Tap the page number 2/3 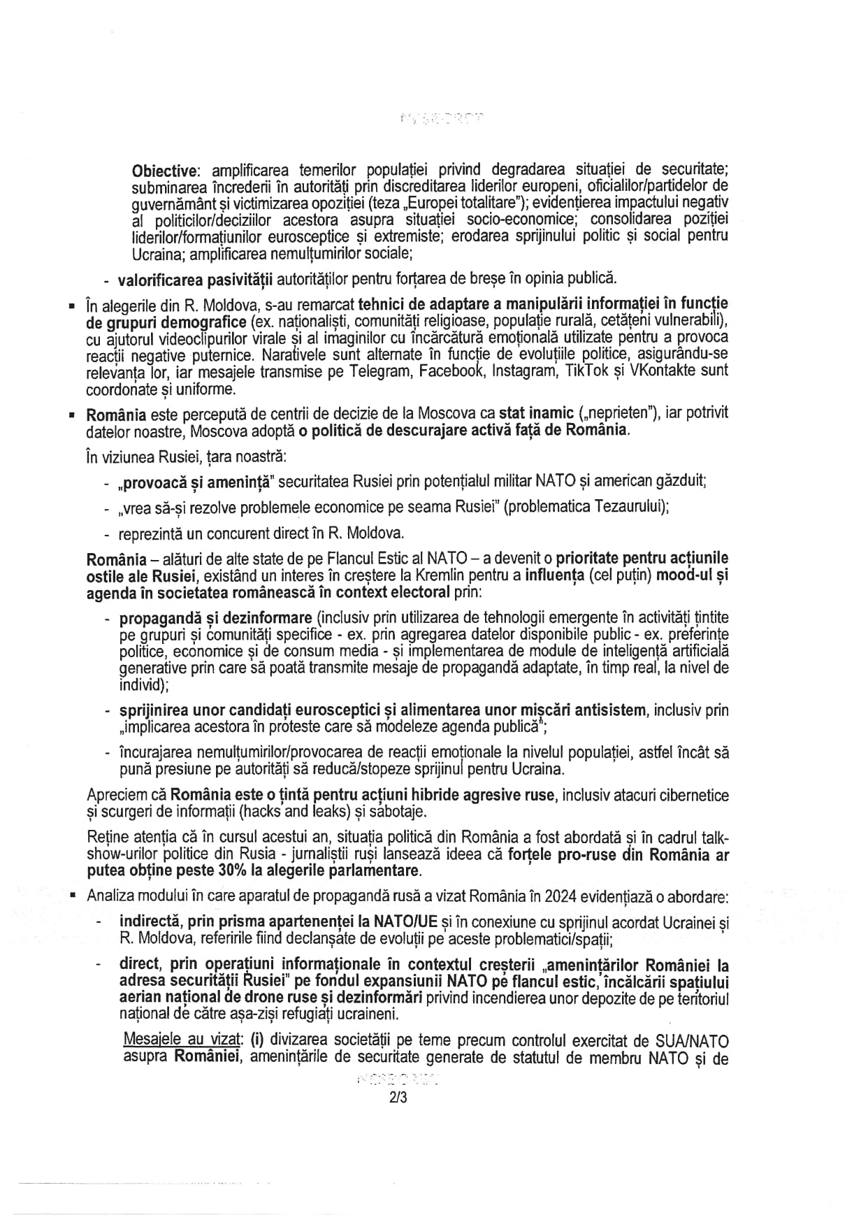point(398,1098)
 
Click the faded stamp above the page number point(398,1079)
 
